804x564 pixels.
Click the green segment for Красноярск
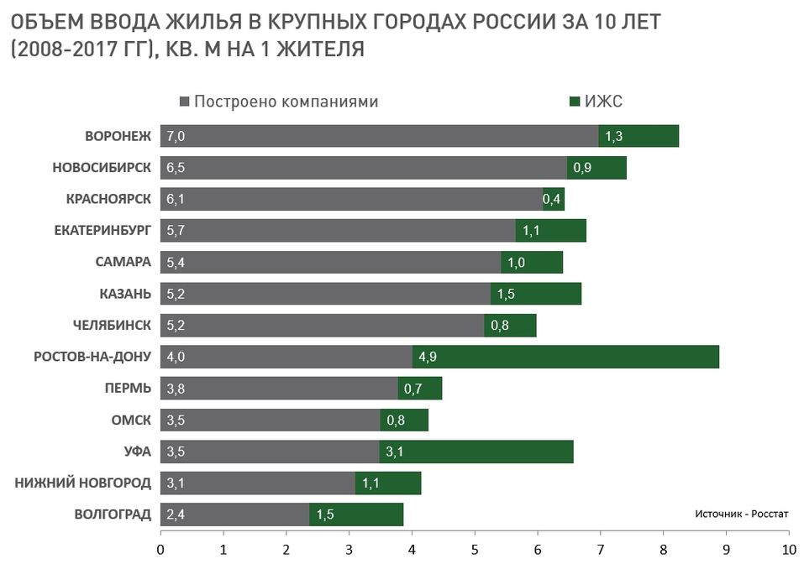(554, 199)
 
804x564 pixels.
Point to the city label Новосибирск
(102, 168)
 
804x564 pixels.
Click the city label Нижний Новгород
(81, 483)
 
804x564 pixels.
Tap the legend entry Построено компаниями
(286, 102)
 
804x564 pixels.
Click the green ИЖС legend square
(575, 102)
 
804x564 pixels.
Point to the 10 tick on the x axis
(789, 550)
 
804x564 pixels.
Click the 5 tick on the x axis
(475, 550)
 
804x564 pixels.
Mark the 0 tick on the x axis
(160, 550)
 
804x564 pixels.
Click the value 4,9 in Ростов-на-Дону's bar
(427, 357)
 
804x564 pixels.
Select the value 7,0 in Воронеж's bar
(176, 136)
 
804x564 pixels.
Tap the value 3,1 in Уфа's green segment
(395, 452)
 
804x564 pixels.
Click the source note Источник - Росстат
(742, 513)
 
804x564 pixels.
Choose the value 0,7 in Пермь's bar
(413, 389)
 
